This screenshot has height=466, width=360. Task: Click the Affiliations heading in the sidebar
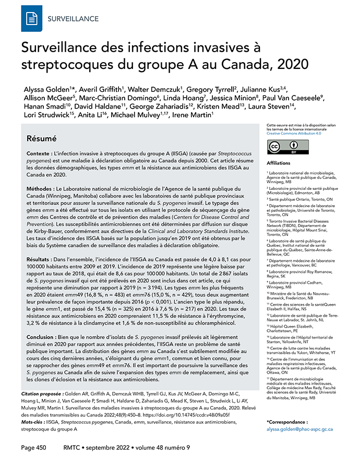(x=280, y=163)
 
